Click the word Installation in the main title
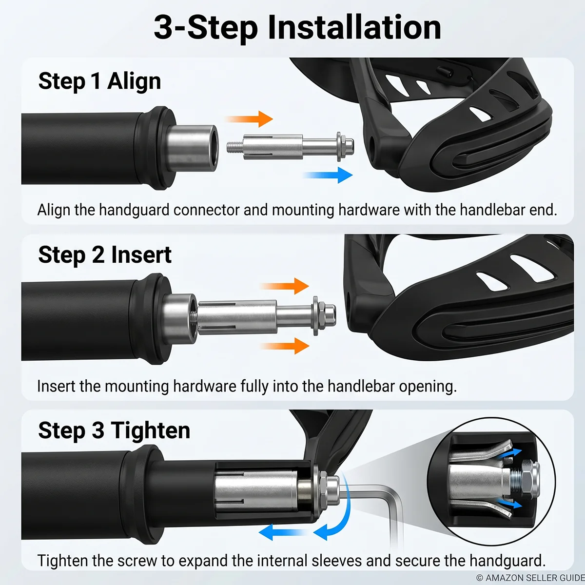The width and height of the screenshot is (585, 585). (x=354, y=28)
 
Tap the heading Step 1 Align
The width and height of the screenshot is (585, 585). (x=99, y=81)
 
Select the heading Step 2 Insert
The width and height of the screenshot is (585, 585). (x=105, y=255)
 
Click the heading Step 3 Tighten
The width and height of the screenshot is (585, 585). (x=114, y=430)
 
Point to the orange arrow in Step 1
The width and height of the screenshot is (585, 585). (x=250, y=119)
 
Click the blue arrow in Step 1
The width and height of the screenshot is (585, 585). (x=329, y=175)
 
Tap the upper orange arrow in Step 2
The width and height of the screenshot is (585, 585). (x=284, y=286)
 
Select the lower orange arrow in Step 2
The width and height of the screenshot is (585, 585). (x=284, y=346)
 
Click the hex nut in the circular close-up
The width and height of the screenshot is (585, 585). (x=529, y=483)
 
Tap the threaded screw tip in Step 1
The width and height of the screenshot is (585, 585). (x=234, y=148)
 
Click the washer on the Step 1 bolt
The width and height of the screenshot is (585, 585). (x=339, y=147)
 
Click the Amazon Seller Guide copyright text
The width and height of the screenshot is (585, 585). (x=530, y=578)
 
